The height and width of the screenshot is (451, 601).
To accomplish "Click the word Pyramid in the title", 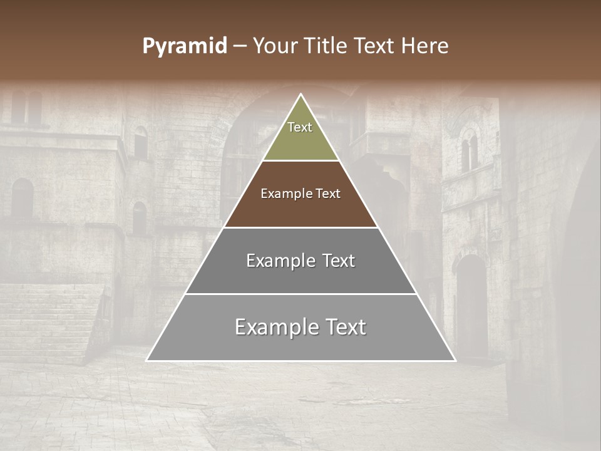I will click(185, 46).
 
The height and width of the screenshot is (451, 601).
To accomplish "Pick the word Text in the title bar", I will click(375, 46).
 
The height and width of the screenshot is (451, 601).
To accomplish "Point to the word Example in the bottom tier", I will click(276, 327).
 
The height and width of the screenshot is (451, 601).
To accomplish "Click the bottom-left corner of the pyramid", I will click(147, 360).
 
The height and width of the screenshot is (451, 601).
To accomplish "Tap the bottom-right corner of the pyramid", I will click(455, 360).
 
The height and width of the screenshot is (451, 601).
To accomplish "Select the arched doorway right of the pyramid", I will click(473, 301).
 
